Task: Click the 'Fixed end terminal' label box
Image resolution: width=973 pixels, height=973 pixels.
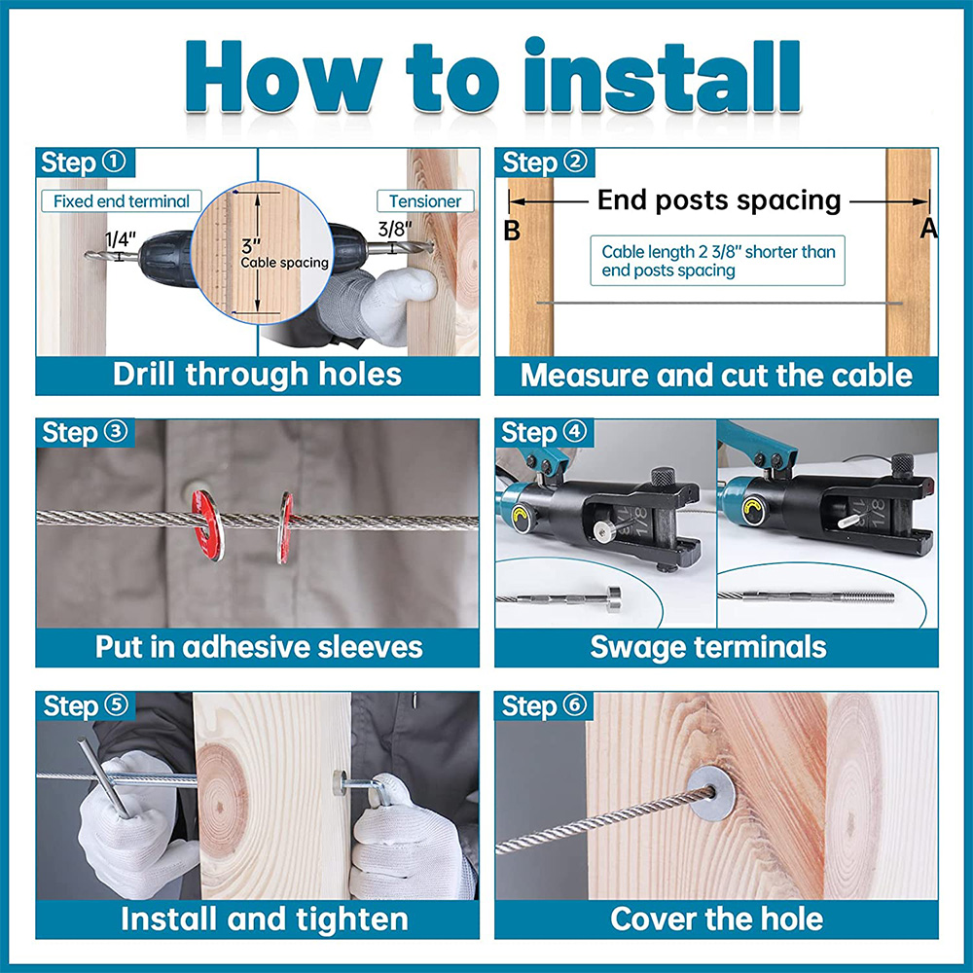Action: pos(122,201)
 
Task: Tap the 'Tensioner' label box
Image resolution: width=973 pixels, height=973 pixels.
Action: pos(425,201)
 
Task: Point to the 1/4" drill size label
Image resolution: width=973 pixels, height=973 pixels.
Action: pos(121,239)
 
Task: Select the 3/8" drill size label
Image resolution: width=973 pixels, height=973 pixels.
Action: pos(395,230)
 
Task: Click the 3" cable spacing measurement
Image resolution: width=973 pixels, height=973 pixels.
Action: pos(251,245)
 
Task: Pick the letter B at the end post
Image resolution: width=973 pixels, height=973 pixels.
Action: pos(512,231)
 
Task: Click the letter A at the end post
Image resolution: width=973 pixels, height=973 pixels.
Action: pos(928,229)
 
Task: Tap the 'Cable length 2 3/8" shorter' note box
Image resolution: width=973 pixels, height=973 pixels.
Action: pos(717,261)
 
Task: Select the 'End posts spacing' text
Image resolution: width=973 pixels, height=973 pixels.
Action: pos(719,200)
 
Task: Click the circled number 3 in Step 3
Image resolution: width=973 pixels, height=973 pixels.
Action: pos(116,431)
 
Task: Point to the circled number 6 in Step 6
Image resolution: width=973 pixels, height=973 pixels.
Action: pos(575,705)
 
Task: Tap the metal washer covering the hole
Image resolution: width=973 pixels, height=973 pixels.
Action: pos(712,793)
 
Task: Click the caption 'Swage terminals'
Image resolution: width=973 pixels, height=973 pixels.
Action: pos(708,647)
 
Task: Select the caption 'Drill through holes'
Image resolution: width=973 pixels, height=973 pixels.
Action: pos(257,375)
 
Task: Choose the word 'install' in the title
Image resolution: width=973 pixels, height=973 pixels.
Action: pos(662,76)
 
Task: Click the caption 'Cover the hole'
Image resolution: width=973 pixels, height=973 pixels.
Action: pos(716,919)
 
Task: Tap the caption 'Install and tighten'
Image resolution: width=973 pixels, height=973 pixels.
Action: pos(265,919)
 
